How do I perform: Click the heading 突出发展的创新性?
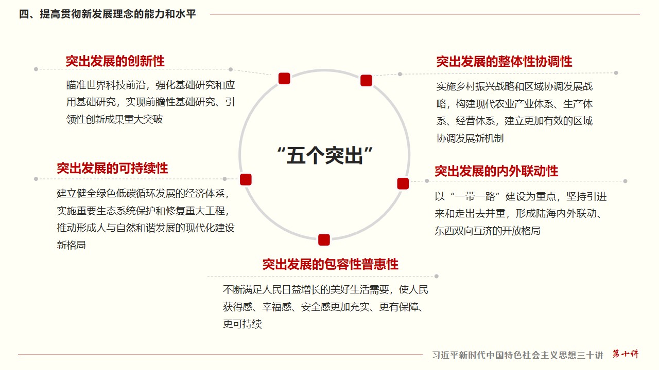point(115,61)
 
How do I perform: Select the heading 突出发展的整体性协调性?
point(504,62)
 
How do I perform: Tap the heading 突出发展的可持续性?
point(112,168)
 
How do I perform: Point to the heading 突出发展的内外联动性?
point(496,171)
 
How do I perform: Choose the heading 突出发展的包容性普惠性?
point(331,264)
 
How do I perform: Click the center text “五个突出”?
point(325,155)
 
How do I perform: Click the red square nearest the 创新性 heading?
point(284,79)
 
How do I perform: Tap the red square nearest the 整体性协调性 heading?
point(366,81)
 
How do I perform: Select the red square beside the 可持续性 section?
point(246,179)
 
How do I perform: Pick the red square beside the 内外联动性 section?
point(403,183)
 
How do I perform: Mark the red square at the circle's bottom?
point(324,239)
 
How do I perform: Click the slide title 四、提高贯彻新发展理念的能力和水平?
point(108,14)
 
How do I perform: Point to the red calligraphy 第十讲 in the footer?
point(626,354)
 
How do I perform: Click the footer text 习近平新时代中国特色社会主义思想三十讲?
point(517,355)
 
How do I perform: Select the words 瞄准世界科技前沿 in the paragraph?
point(106,85)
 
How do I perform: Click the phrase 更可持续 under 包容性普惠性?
point(242,324)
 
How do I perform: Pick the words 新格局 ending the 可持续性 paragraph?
point(71,245)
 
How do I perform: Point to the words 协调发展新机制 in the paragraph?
point(470,138)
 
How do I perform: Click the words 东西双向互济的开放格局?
point(488,231)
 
